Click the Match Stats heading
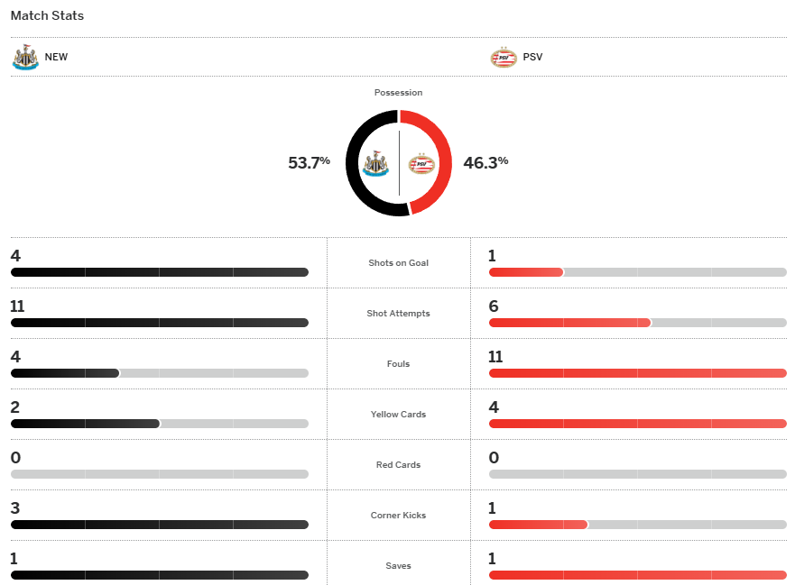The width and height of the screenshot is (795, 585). tap(47, 16)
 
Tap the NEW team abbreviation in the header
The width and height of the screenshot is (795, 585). tap(56, 57)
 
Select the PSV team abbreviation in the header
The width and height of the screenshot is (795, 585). tap(532, 57)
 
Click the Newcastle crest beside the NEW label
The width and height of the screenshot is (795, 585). tap(25, 57)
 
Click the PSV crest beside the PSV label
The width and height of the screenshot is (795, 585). tap(503, 57)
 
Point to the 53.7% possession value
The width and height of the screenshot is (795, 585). tap(309, 163)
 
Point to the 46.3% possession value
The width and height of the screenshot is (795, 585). tap(485, 163)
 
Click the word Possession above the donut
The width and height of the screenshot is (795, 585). tap(398, 93)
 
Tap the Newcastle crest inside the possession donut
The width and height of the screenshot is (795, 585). tap(374, 164)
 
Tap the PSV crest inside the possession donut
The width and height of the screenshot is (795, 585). tap(421, 164)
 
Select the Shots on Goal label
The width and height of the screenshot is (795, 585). tap(398, 263)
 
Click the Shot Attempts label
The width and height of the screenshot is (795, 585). tap(398, 314)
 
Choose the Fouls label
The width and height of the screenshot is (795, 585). tap(398, 364)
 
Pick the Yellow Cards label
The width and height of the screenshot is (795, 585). tap(398, 415)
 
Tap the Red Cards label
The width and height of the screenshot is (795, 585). tap(398, 465)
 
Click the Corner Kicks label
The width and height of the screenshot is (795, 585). tap(398, 516)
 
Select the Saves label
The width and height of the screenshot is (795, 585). tap(398, 566)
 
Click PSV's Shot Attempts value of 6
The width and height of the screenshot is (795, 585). tap(494, 306)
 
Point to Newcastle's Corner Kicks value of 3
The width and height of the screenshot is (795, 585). tap(15, 508)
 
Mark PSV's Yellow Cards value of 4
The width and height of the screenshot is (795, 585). tap(494, 407)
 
